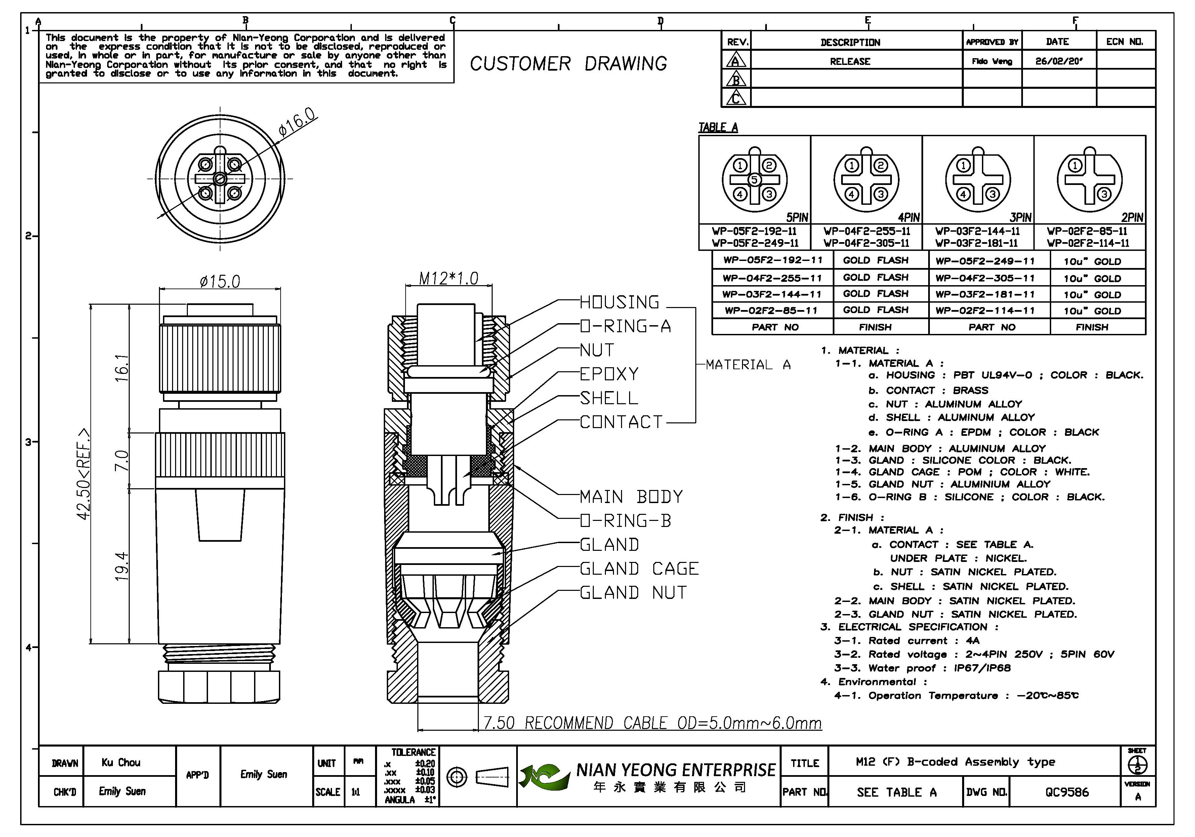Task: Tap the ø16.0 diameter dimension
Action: point(297,122)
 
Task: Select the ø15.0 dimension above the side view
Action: point(220,282)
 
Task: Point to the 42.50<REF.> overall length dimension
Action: point(83,474)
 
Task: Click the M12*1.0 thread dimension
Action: point(449,279)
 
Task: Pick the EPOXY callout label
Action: point(609,374)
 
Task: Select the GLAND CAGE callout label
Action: point(639,568)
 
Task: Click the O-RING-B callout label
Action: point(626,520)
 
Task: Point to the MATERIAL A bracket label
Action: point(748,365)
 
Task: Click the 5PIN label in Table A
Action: point(797,217)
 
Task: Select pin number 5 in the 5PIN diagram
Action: point(754,180)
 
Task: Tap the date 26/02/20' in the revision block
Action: point(1059,61)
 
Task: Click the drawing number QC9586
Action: point(1067,792)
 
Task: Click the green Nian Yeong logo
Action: point(543,776)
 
